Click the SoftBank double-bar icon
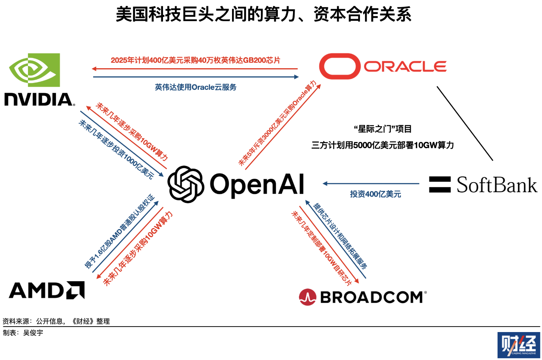(x=440, y=184)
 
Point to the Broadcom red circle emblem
(x=307, y=296)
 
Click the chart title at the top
(x=263, y=15)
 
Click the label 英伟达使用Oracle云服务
(x=195, y=87)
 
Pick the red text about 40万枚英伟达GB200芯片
(x=195, y=60)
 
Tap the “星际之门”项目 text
(x=382, y=128)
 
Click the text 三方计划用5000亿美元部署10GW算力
(x=383, y=145)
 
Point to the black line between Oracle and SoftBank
(x=465, y=123)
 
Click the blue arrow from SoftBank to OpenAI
(x=371, y=184)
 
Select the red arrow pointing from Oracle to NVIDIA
(x=195, y=68)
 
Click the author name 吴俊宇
(x=33, y=333)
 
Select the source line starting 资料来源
(x=56, y=321)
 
